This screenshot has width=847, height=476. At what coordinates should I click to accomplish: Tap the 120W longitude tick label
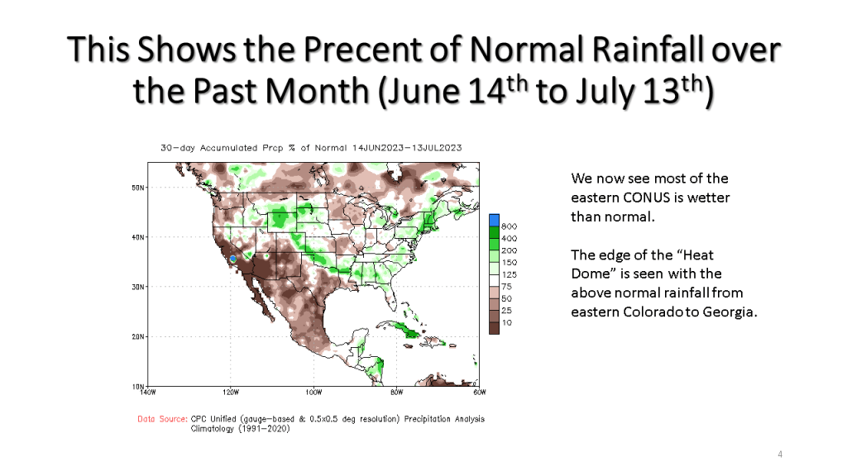pyautogui.click(x=230, y=392)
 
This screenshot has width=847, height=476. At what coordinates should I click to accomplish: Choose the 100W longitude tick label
pyautogui.click(x=313, y=392)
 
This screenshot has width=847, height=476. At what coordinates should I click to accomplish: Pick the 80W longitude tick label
pyautogui.click(x=397, y=392)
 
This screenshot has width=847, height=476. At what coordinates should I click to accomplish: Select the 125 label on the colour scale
pyautogui.click(x=510, y=274)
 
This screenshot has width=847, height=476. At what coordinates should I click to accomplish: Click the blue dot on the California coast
pyautogui.click(x=233, y=259)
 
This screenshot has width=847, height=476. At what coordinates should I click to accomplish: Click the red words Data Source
pyautogui.click(x=162, y=419)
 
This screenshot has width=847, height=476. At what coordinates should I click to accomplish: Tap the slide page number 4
pyautogui.click(x=780, y=455)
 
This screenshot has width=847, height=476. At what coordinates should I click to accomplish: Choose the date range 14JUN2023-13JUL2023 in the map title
pyautogui.click(x=406, y=148)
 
